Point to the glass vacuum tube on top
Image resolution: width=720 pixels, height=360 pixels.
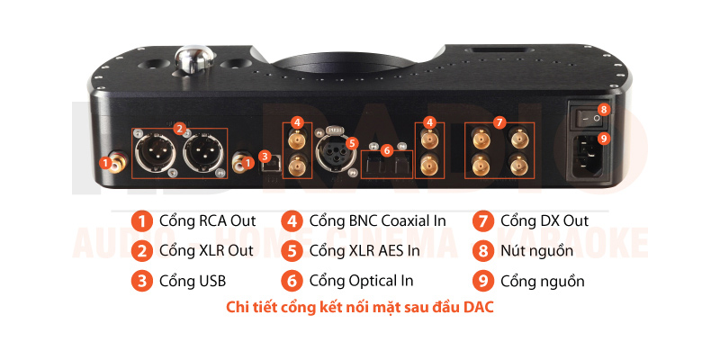194,58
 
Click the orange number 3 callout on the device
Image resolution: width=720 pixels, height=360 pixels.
265,156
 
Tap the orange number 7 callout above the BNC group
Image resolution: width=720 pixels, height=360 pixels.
499,122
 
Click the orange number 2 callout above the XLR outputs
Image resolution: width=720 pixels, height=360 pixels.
181,127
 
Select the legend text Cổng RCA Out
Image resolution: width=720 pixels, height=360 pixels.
207,220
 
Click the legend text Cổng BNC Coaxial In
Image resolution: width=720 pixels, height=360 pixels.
377,220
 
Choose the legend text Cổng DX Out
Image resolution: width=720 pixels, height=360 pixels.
544,220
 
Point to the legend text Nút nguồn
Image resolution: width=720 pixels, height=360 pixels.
536,252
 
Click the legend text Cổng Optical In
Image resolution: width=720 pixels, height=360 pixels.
362,281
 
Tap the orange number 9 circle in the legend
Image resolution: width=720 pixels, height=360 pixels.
483,282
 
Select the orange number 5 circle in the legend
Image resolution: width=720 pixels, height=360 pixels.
292,252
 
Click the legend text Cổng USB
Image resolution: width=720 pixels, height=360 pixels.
193,281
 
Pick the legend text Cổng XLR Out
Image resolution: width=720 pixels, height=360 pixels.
206,251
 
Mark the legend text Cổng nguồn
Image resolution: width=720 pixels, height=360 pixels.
543,281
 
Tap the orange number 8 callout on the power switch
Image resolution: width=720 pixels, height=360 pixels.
603,109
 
